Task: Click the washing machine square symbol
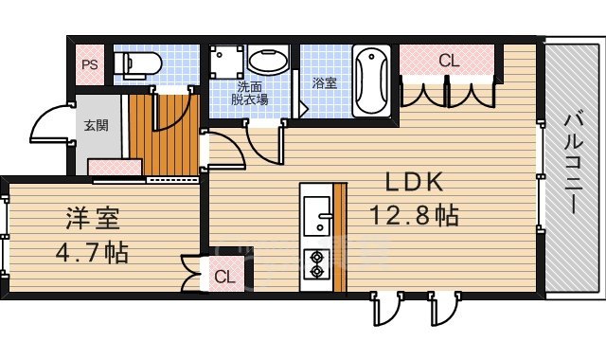pos(226,63)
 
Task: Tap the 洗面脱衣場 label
pos(252,94)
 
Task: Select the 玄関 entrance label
pos(95,124)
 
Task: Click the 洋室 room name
pos(92,220)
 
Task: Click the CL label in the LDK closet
pos(448,62)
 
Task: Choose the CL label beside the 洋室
pos(224,277)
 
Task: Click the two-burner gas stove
pos(315,265)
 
